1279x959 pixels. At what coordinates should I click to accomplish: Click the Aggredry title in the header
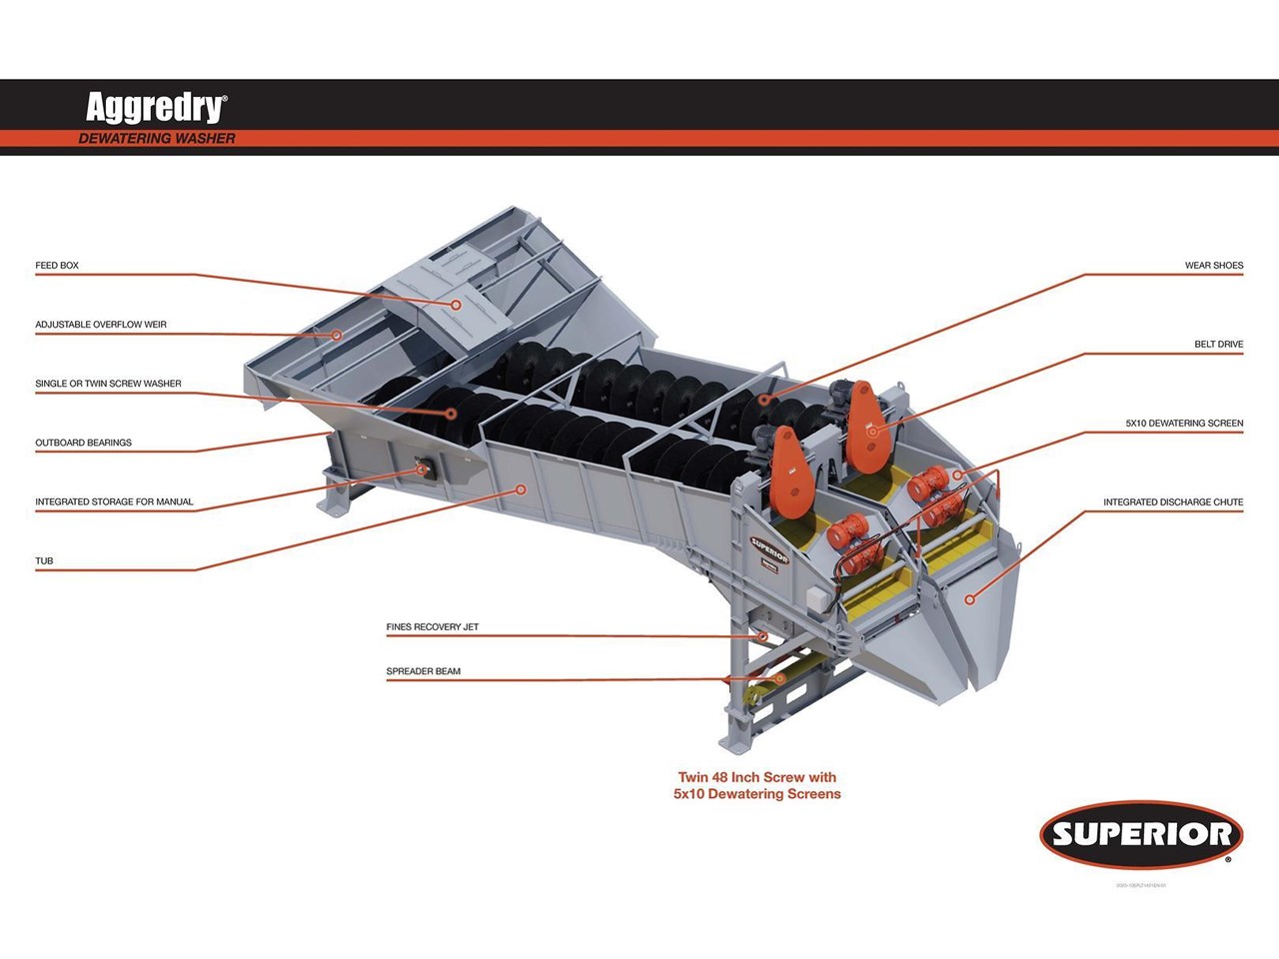156,107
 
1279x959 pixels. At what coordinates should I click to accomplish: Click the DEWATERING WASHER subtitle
157,139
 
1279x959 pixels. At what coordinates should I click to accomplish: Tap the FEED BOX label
57,266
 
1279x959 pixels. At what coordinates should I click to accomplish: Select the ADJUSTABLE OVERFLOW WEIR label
101,325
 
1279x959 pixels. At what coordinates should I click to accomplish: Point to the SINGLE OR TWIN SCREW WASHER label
108,384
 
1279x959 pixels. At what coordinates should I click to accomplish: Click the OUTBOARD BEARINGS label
83,443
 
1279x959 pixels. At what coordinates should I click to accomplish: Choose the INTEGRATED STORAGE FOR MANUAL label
114,501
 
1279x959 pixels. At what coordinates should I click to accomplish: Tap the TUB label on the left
44,561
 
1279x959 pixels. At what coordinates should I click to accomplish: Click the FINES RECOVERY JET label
432,627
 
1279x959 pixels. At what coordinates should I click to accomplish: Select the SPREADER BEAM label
423,671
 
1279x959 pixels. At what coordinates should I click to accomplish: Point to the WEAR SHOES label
1213,266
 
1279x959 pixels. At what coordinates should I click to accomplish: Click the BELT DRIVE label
1218,345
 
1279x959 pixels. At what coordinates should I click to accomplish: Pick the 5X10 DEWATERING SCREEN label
1184,424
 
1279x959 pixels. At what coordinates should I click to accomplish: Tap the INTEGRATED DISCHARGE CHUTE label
1173,502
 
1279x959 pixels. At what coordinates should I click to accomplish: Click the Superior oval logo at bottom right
1141,834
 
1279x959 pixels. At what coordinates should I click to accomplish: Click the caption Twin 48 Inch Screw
756,777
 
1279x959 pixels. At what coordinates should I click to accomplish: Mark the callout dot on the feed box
456,305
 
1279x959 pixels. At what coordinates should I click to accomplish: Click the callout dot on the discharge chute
968,598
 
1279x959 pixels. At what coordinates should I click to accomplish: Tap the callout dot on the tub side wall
521,488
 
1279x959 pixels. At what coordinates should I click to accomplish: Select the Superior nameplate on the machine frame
768,550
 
